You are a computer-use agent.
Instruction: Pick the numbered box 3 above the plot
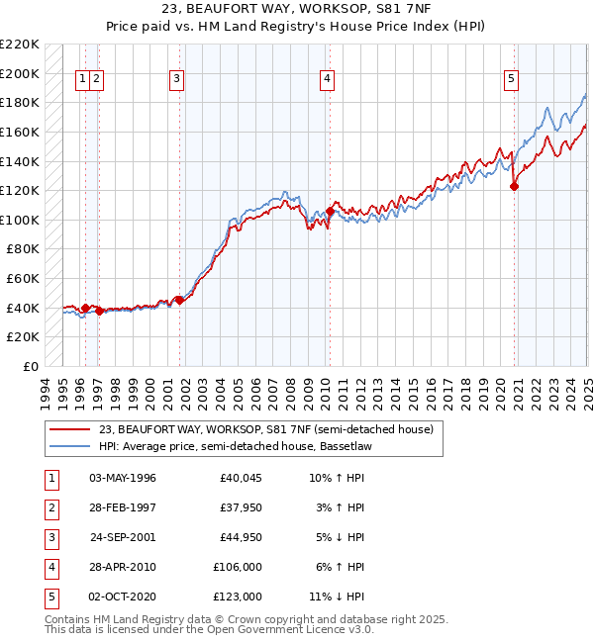(x=176, y=81)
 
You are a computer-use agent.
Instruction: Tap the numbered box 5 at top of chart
(x=510, y=81)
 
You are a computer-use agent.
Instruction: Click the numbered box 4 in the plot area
(x=326, y=81)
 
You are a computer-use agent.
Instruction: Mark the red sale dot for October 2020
(x=514, y=186)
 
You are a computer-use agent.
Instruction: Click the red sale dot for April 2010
(x=330, y=211)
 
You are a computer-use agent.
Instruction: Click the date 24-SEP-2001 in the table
(x=123, y=537)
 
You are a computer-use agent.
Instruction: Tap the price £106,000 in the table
(x=238, y=567)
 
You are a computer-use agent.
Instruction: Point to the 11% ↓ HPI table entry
(x=337, y=597)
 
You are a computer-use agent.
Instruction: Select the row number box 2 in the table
(x=50, y=507)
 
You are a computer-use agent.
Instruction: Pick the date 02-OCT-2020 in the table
(x=123, y=597)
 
